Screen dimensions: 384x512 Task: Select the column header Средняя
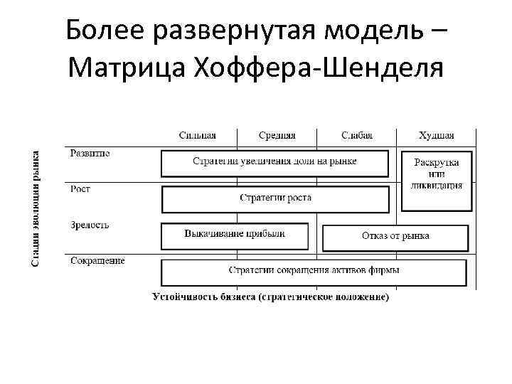pos(277,135)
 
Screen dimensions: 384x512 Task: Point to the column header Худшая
pos(437,135)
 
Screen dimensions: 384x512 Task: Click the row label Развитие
pos(90,152)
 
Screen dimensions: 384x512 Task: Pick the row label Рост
pos(80,188)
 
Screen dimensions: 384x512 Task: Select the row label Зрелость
pos(90,225)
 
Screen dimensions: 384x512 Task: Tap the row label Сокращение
pos(97,260)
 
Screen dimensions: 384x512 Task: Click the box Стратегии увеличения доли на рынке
pos(275,163)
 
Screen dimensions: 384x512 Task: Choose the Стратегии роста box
pos(275,198)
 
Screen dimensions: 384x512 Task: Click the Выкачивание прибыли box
pos(235,235)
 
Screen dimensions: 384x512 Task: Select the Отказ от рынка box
pos(395,237)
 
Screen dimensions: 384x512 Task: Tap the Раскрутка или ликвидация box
pos(436,181)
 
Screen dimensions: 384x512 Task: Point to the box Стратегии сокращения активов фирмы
pos(314,272)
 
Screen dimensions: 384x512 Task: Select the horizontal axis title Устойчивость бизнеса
pos(271,297)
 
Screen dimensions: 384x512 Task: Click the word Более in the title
pos(105,31)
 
